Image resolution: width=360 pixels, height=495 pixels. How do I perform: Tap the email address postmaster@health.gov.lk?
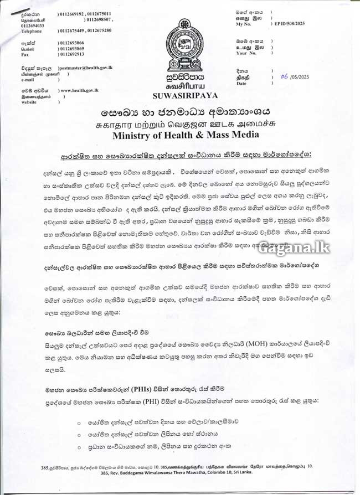pyautogui.click(x=86, y=67)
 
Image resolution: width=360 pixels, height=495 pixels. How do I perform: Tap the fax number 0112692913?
pyautogui.click(x=71, y=54)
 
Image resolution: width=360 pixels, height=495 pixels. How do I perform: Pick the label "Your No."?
pyautogui.click(x=246, y=54)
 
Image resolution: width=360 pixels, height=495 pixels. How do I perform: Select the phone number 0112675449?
pyautogui.click(x=71, y=30)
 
